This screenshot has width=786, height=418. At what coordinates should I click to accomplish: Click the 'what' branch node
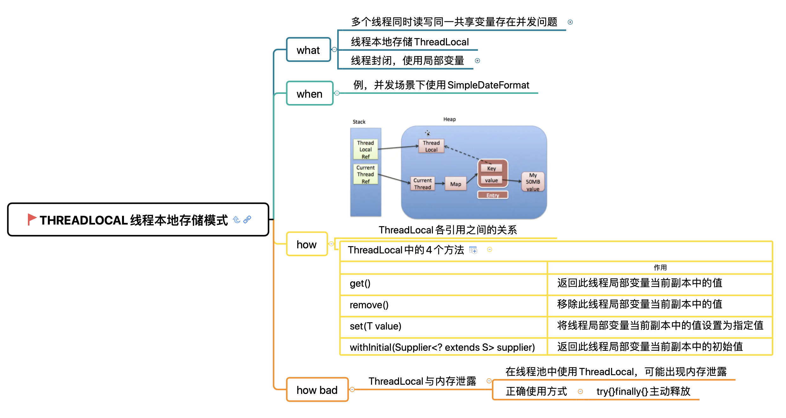(x=308, y=50)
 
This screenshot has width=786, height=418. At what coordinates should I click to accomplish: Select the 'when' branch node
(x=309, y=93)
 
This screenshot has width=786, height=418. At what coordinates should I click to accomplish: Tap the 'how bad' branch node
(x=317, y=390)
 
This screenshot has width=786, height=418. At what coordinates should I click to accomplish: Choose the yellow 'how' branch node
(x=306, y=244)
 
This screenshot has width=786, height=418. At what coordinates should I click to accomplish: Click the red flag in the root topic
(x=32, y=219)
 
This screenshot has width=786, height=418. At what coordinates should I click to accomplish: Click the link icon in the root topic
(x=247, y=219)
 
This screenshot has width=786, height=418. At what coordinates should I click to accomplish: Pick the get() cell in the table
(x=360, y=284)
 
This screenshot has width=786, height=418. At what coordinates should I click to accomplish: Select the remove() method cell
(x=369, y=305)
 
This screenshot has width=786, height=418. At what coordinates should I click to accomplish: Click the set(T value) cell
(x=375, y=326)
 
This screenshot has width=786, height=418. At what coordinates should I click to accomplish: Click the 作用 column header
(x=660, y=268)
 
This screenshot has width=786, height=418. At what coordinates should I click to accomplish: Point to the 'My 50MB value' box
(x=533, y=182)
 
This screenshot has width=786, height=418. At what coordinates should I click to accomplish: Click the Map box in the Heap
(x=455, y=184)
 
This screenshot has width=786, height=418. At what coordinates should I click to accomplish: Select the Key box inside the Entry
(x=491, y=168)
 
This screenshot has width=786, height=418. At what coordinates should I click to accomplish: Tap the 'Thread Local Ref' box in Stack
(x=365, y=149)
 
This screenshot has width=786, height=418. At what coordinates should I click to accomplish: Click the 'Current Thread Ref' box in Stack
(x=365, y=174)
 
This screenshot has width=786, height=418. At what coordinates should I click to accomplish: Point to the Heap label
(x=449, y=119)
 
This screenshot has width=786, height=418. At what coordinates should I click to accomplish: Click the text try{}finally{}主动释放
(x=643, y=391)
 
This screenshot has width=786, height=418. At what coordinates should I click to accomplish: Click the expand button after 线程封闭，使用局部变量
(x=477, y=61)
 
